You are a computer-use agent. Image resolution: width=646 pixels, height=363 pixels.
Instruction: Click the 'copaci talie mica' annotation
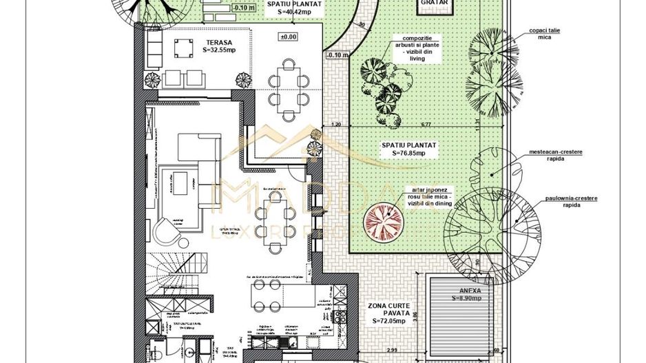(x=543, y=34)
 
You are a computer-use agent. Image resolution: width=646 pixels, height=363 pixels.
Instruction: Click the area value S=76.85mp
(x=410, y=153)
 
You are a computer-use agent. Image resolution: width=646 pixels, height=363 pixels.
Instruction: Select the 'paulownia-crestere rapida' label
(x=570, y=201)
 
